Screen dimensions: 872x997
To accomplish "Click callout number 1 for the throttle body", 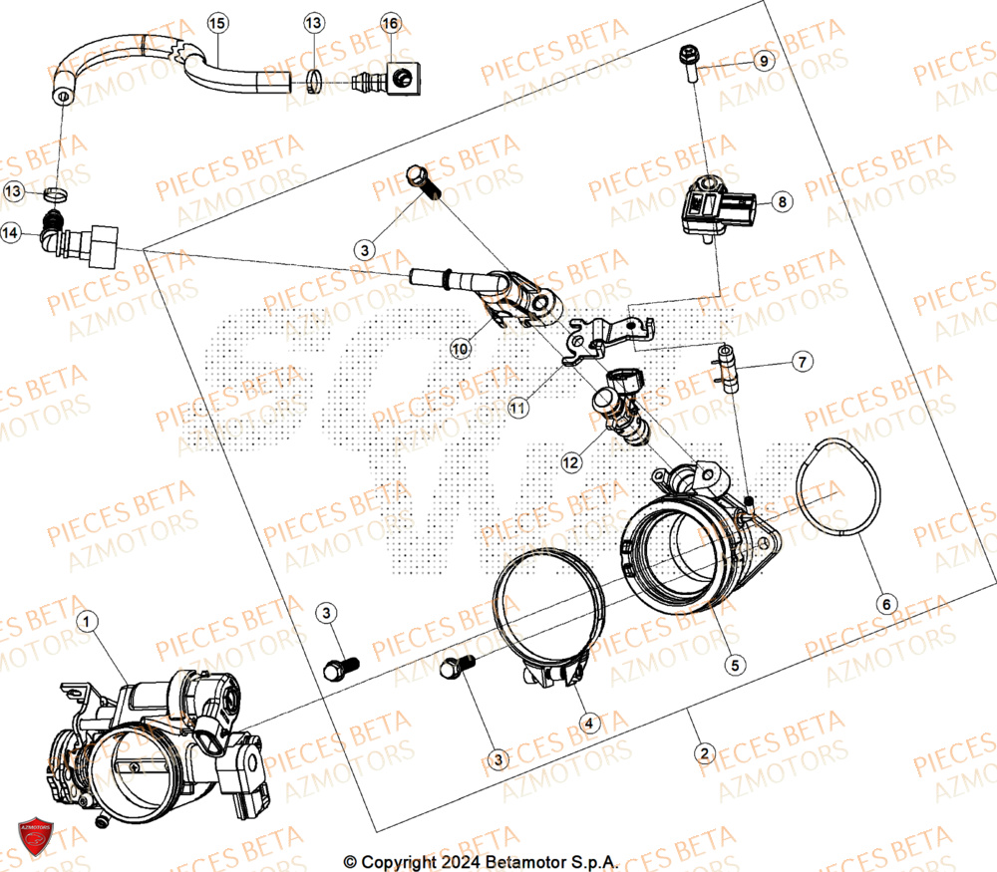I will [89, 623].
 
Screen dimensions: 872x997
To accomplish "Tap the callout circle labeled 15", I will [216, 22].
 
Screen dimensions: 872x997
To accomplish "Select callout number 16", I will [390, 22].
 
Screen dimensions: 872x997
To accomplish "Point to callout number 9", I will [762, 62].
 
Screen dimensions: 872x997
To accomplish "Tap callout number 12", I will [569, 462].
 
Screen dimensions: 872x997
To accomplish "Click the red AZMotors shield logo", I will [36, 838].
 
